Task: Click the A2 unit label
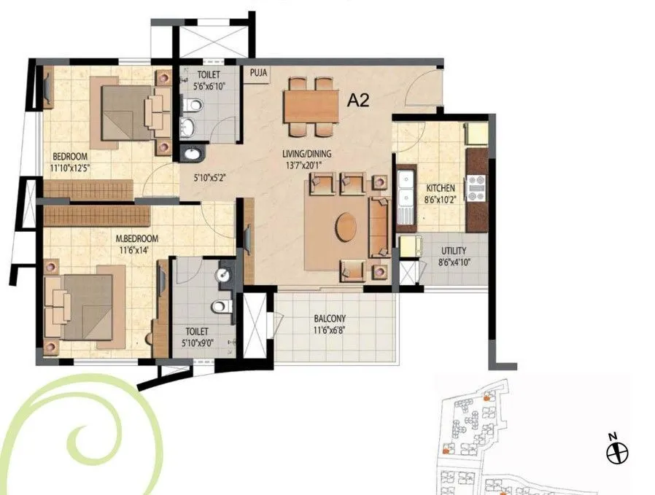pyautogui.click(x=358, y=100)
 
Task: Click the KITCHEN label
pyautogui.click(x=441, y=189)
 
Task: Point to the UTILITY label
pyautogui.click(x=452, y=252)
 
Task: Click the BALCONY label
pyautogui.click(x=330, y=319)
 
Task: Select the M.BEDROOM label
pyautogui.click(x=136, y=238)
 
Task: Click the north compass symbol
pyautogui.click(x=617, y=452)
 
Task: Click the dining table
pyautogui.click(x=311, y=107)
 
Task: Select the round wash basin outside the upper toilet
pyautogui.click(x=193, y=154)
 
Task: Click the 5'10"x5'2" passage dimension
pyautogui.click(x=210, y=176)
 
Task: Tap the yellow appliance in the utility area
pyautogui.click(x=408, y=246)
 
